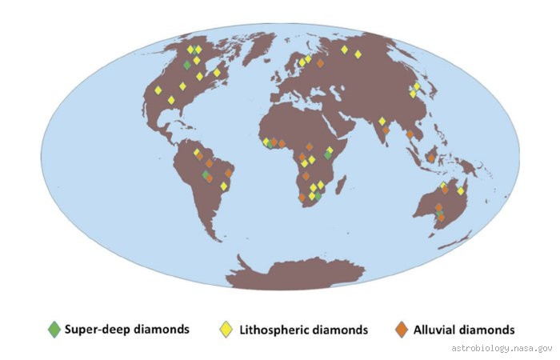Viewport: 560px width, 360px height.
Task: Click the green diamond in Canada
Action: tap(187, 65)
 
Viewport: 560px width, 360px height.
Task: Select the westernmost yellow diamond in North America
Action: tap(158, 90)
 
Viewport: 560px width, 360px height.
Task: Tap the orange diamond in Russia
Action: tap(320, 62)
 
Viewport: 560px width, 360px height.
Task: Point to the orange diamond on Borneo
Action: tap(432, 158)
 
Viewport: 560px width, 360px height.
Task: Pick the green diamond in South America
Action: tap(206, 174)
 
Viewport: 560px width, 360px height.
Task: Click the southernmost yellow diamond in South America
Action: tap(224, 186)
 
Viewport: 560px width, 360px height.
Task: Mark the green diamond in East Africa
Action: tap(327, 154)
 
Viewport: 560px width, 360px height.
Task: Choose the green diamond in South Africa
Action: tap(318, 195)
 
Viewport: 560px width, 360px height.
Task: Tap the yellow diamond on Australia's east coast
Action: tap(461, 191)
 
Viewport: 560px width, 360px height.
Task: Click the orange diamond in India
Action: tap(386, 130)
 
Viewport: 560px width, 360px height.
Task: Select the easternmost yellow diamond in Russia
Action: tap(358, 54)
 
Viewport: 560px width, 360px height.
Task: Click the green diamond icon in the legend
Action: tap(54, 328)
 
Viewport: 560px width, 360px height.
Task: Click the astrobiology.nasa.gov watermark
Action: tap(502, 349)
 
